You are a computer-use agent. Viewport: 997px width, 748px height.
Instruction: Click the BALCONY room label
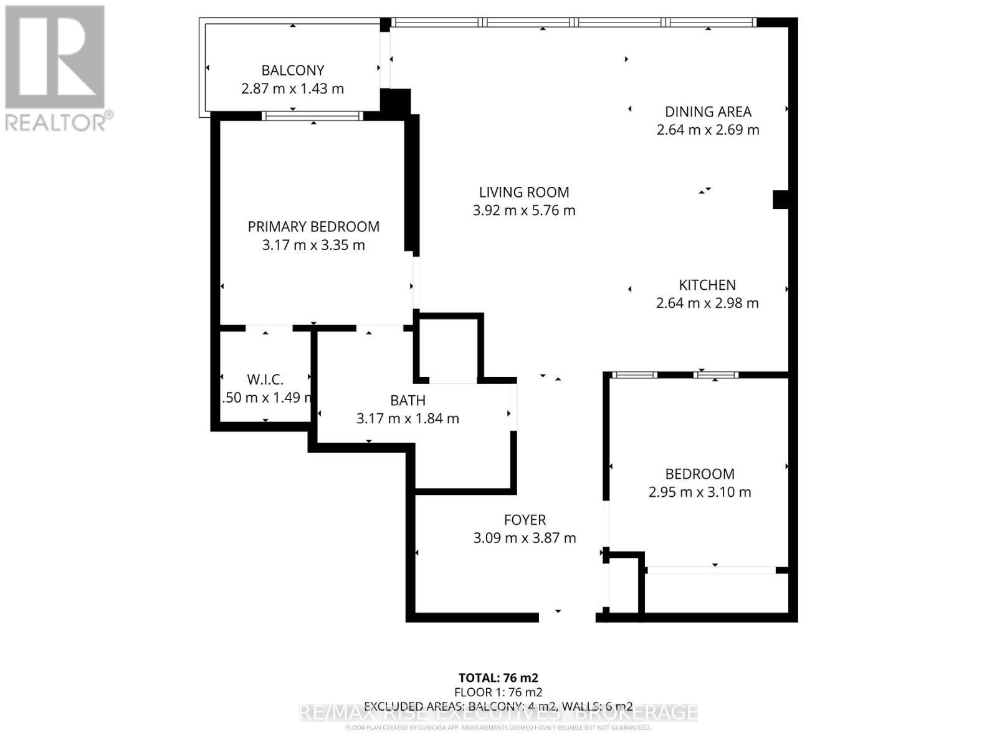point(292,70)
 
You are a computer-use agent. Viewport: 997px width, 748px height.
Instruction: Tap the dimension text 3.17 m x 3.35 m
point(313,245)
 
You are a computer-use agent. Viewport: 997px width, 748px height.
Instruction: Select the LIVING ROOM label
point(524,193)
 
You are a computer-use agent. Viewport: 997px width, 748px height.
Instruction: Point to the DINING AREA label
point(708,112)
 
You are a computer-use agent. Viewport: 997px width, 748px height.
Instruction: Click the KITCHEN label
point(707,285)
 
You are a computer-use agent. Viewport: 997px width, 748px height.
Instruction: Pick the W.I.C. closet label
point(265,379)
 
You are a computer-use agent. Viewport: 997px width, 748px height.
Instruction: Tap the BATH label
point(408,400)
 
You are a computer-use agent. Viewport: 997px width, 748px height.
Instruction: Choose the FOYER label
point(525,520)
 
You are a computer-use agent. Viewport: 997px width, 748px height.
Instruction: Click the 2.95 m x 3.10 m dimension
point(700,492)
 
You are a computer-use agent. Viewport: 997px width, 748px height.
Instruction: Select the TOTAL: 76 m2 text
point(498,678)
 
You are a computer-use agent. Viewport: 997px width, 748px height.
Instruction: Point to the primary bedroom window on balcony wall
point(312,116)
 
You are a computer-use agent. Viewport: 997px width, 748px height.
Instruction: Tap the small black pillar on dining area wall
point(781,199)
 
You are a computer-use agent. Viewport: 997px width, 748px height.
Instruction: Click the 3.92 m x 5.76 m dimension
point(524,211)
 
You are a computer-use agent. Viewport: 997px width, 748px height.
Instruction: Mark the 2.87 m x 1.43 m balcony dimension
point(292,89)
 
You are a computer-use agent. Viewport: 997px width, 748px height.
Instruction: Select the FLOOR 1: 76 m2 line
point(498,692)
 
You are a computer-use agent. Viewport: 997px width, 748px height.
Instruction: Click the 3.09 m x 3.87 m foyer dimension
point(525,538)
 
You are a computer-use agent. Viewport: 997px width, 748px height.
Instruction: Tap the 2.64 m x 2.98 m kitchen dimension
point(707,303)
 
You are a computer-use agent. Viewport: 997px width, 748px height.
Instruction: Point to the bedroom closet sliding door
point(712,570)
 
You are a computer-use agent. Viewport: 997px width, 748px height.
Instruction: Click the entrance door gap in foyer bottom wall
point(566,617)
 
